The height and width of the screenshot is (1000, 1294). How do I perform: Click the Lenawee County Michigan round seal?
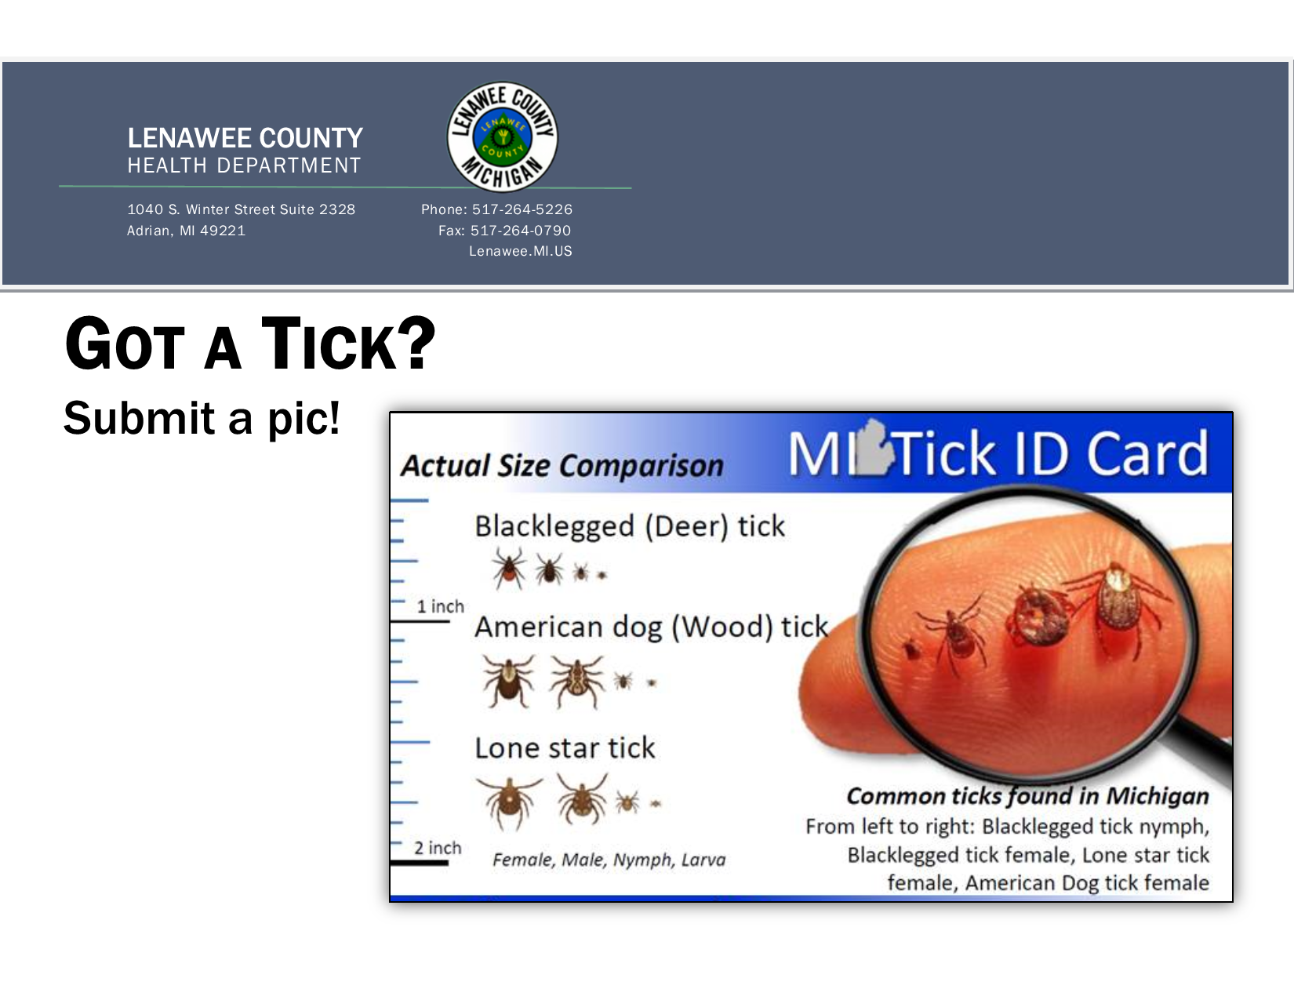pyautogui.click(x=502, y=137)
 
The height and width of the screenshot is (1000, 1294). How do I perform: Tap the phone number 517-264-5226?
pyautogui.click(x=522, y=209)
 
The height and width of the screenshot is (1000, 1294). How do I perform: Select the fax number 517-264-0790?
pyautogui.click(x=521, y=231)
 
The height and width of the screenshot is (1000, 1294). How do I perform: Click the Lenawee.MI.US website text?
pyautogui.click(x=521, y=251)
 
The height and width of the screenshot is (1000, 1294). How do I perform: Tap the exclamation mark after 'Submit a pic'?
pyautogui.click(x=334, y=417)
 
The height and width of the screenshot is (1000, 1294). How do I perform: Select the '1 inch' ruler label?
pyautogui.click(x=440, y=606)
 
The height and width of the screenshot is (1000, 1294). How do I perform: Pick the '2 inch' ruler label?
pyautogui.click(x=438, y=848)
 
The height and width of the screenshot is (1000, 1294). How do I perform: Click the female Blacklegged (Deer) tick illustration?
pyautogui.click(x=509, y=569)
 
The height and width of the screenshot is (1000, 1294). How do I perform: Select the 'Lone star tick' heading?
pyautogui.click(x=565, y=747)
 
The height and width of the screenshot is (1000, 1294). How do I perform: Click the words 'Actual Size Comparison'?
pyautogui.click(x=562, y=466)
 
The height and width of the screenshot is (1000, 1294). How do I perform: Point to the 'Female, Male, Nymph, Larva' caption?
pyautogui.click(x=609, y=860)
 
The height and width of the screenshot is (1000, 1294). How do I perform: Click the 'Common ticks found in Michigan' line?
pyautogui.click(x=1027, y=796)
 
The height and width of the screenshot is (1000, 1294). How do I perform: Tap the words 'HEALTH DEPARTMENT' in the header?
pyautogui.click(x=244, y=165)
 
